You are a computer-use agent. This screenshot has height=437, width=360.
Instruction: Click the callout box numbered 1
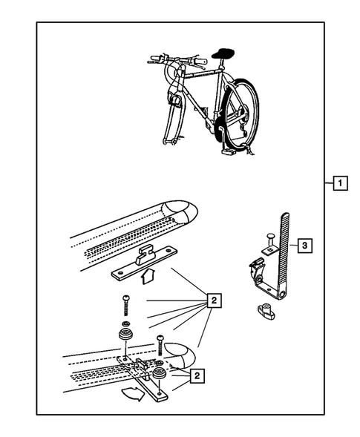pos(340,183)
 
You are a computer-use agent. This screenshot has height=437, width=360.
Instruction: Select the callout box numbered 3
pos(304,246)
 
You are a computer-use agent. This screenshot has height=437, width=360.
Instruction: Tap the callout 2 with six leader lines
pos(214,300)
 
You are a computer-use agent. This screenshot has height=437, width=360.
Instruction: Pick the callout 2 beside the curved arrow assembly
pos(197,375)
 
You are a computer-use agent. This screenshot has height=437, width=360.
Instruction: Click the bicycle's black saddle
pos(223,53)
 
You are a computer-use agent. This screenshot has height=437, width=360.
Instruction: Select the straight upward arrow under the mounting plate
pos(147,277)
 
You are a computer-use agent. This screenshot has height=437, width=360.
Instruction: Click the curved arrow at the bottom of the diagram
pos(134,394)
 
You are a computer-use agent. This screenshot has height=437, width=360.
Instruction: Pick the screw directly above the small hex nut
pos(125,306)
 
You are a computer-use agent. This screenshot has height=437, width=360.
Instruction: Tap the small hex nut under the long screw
pos(125,323)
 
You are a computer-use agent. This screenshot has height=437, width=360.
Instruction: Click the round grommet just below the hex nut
pos(125,334)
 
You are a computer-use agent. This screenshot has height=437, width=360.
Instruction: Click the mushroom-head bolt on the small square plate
pos(270,240)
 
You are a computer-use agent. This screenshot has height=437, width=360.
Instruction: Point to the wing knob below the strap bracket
pos(266,311)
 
